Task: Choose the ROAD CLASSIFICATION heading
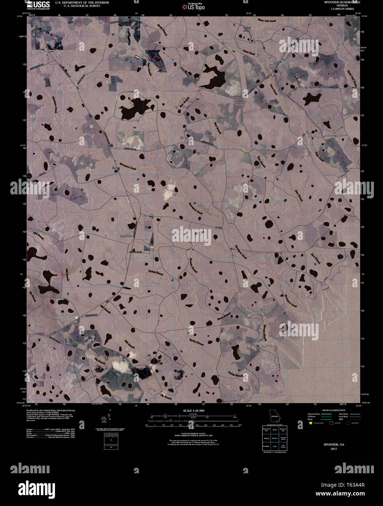331,410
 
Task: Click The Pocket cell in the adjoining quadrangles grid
283,446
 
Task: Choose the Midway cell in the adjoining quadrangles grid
266,438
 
